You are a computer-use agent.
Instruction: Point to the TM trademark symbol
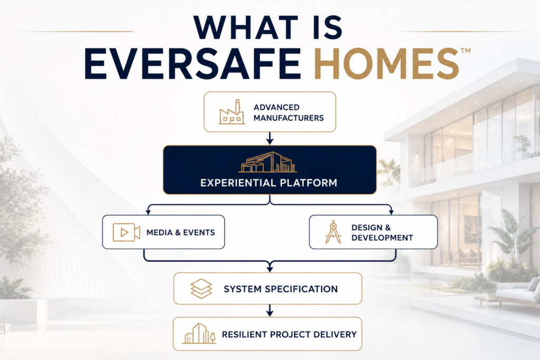pyautogui.click(x=465, y=51)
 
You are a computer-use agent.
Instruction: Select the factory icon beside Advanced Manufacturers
pyautogui.click(x=232, y=112)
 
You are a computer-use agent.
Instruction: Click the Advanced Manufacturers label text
pyautogui.click(x=288, y=113)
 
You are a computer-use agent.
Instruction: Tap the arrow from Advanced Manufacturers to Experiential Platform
pyautogui.click(x=270, y=138)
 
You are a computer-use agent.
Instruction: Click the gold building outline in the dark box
pyautogui.click(x=267, y=162)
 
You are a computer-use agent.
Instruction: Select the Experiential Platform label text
pyautogui.click(x=268, y=182)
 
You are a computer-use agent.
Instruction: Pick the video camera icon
pyautogui.click(x=127, y=232)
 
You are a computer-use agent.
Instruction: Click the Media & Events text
pyautogui.click(x=180, y=232)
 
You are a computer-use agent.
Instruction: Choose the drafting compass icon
pyautogui.click(x=333, y=232)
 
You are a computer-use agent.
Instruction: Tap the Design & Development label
pyautogui.click(x=382, y=232)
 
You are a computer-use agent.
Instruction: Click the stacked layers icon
pyautogui.click(x=201, y=288)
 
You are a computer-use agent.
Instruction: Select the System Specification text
pyautogui.click(x=281, y=289)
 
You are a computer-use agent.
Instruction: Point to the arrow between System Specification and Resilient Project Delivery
pyautogui.click(x=270, y=310)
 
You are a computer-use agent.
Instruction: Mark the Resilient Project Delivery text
pyautogui.click(x=290, y=334)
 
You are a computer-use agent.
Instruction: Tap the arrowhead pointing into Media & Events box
pyautogui.click(x=148, y=212)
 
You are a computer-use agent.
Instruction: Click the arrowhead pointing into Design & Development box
pyautogui.click(x=391, y=212)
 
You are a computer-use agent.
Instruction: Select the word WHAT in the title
pyautogui.click(x=246, y=27)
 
